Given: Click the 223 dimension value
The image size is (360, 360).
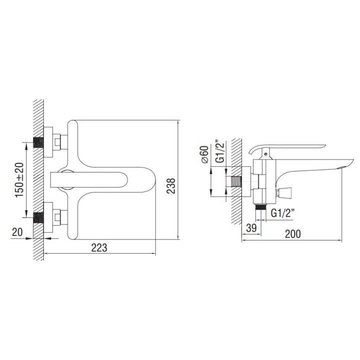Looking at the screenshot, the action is (x=99, y=247).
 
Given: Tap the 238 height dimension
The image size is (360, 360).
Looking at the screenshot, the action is (x=171, y=186).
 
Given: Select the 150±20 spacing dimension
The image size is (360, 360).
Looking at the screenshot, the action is (x=19, y=180).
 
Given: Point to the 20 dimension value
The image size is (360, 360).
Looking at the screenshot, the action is (x=17, y=232).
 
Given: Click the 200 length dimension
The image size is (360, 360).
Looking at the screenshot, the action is (x=292, y=234).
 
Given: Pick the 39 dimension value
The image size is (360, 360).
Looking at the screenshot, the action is (x=251, y=228).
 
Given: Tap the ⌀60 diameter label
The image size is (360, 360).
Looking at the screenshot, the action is (x=205, y=154).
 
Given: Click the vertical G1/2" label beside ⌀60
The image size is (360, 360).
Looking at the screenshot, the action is (x=220, y=152).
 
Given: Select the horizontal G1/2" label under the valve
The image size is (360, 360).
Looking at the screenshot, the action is (x=282, y=213).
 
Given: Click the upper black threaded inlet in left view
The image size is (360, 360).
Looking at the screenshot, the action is (x=38, y=142).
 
